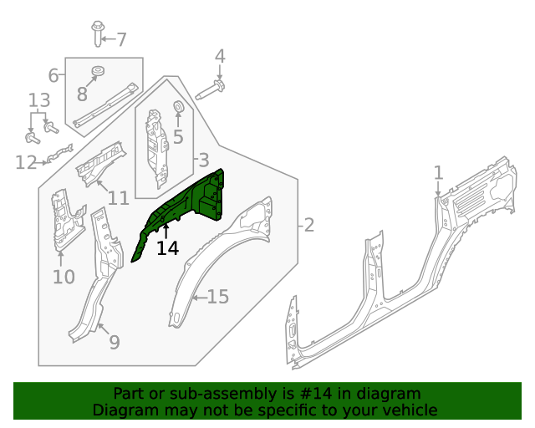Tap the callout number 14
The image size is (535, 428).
167,248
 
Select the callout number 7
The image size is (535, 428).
121,39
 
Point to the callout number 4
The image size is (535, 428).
220,56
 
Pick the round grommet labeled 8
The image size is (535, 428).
98,70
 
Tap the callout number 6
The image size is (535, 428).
53,76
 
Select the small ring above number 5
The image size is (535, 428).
177,106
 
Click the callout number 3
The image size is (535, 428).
203,160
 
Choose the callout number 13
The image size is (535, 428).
39,101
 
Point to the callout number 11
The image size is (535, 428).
118,198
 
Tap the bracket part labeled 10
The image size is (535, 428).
63,222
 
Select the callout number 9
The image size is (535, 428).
115,341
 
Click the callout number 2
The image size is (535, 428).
308,225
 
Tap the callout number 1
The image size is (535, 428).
438,172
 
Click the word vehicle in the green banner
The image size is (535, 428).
407,410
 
